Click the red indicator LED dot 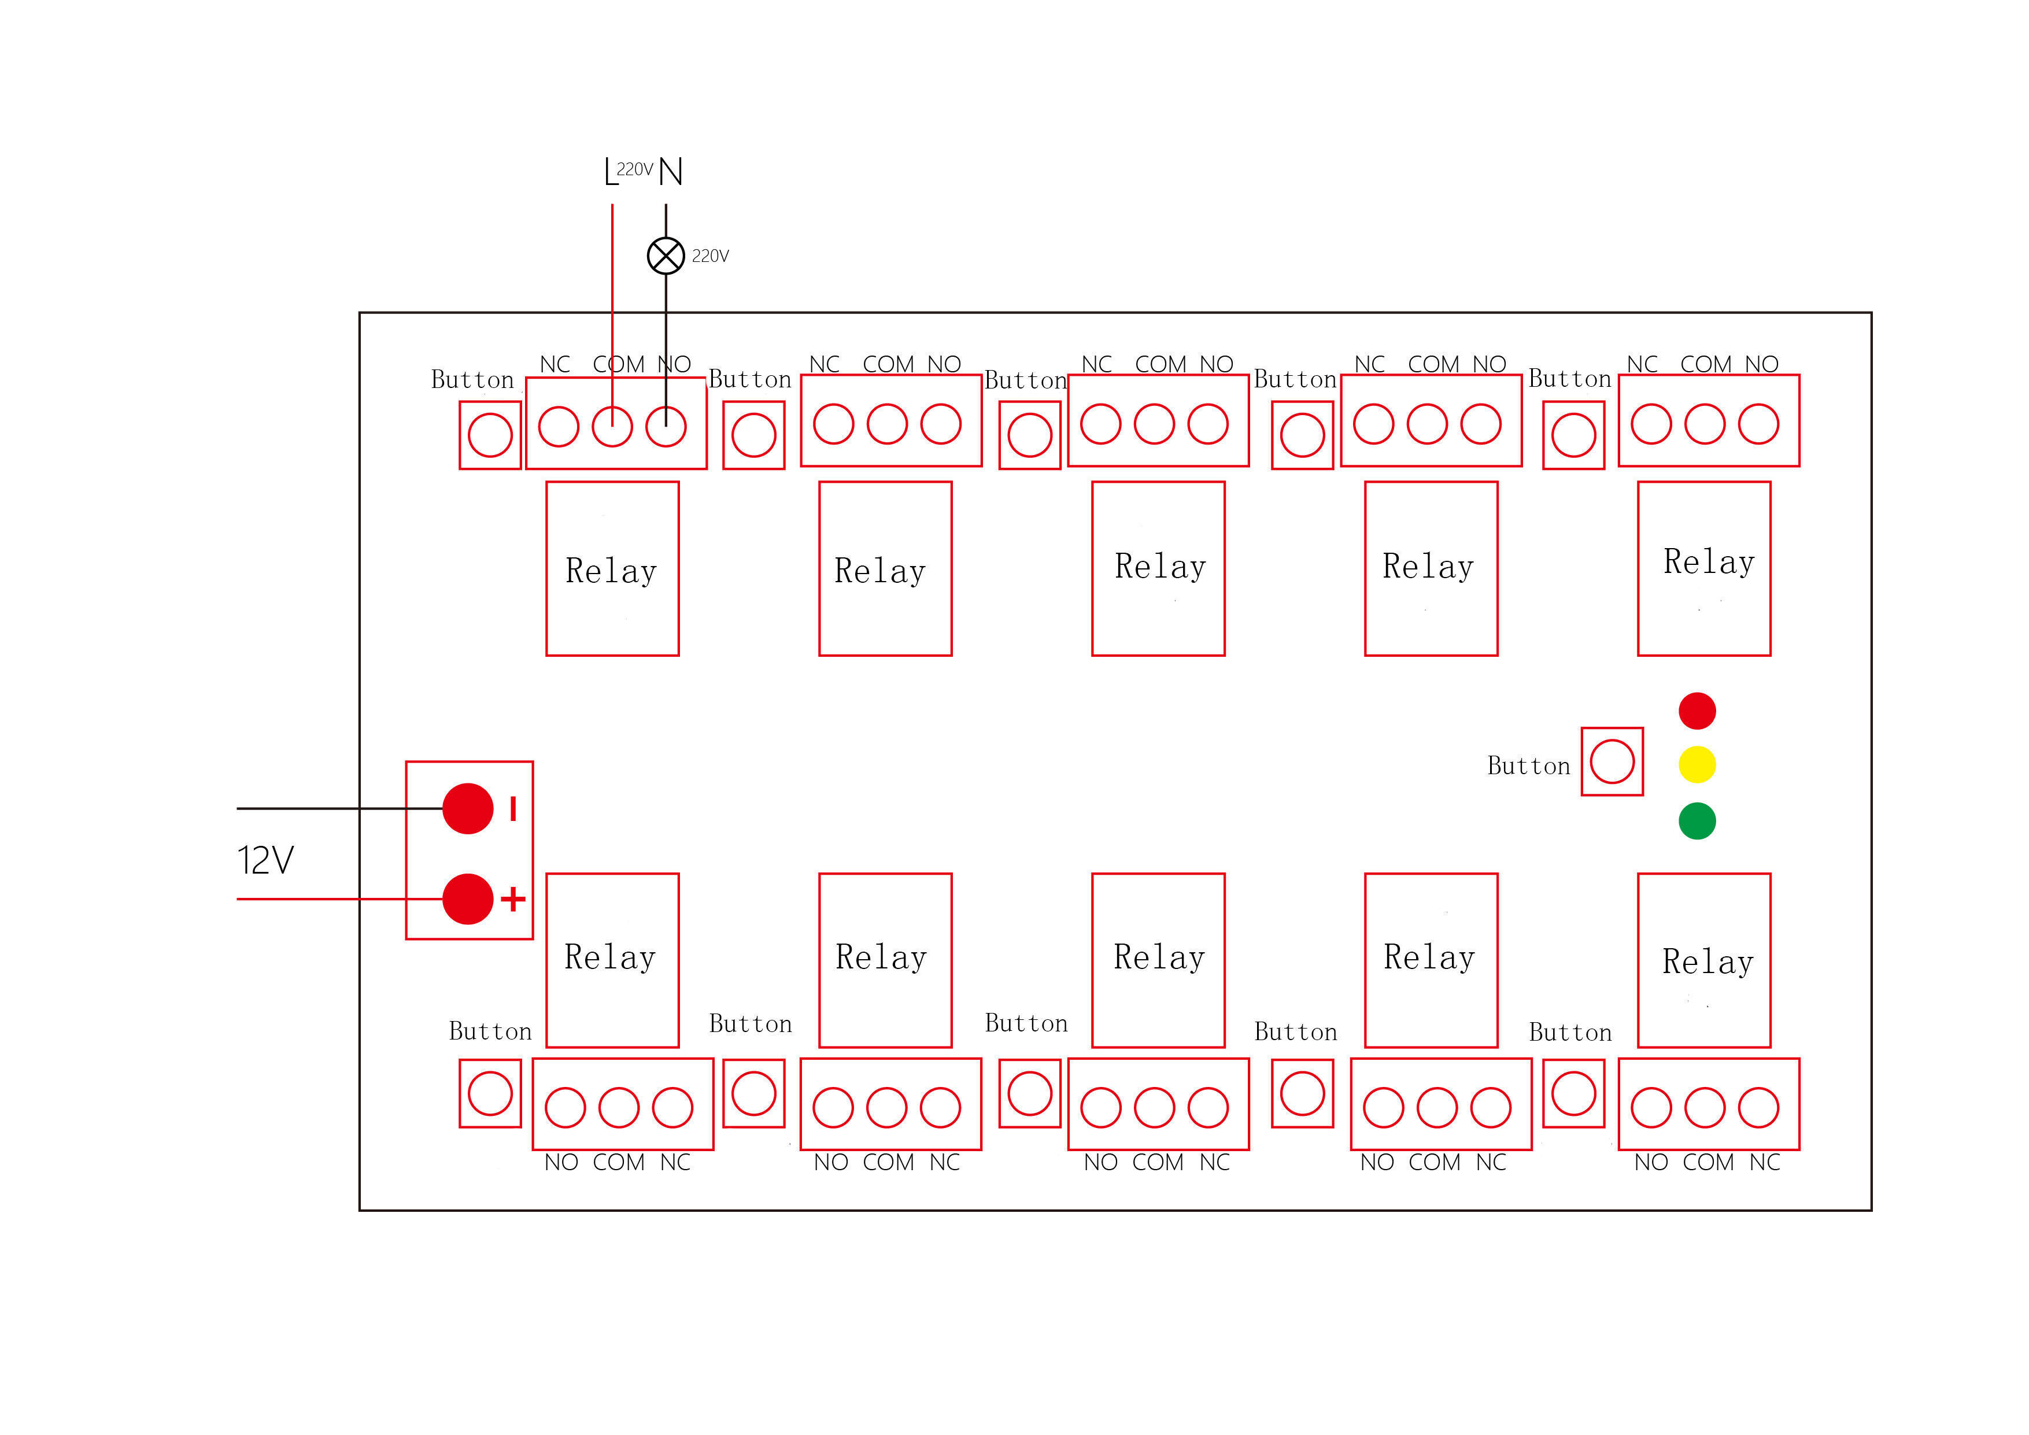(1697, 711)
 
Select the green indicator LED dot (1697, 821)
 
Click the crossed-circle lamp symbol (666, 256)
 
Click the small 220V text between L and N (634, 169)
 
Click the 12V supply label (265, 860)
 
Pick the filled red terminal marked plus (467, 898)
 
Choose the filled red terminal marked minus (467, 808)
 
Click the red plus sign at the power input (512, 900)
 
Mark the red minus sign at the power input (512, 808)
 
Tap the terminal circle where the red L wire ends (612, 427)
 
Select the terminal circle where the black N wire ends (666, 427)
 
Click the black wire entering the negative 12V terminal (340, 808)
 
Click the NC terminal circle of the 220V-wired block (559, 427)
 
